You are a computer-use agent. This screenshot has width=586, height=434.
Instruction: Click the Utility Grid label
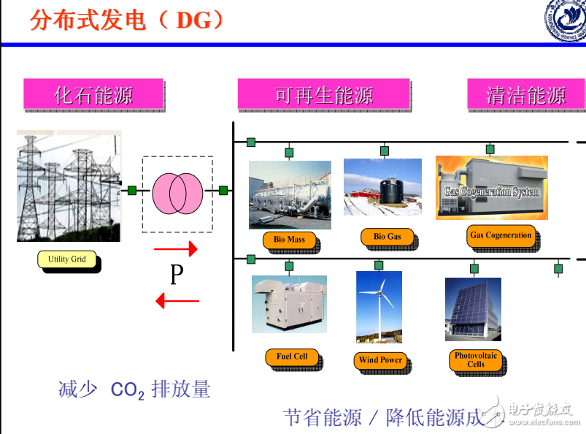coord(67,259)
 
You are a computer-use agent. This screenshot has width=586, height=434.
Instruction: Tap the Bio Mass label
coord(289,239)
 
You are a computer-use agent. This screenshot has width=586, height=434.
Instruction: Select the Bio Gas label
coord(387,236)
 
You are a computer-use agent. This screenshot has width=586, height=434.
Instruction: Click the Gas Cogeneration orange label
coord(501,235)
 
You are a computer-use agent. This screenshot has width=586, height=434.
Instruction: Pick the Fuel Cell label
coord(291,357)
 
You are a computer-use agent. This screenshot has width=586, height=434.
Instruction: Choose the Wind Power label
coord(380,359)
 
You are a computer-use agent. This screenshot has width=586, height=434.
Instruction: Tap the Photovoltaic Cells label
coord(475,359)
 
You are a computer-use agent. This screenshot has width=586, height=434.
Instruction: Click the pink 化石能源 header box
coord(93,94)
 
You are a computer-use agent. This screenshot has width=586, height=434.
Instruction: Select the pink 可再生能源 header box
coord(323,94)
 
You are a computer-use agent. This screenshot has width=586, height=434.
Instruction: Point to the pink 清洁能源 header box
coord(525,94)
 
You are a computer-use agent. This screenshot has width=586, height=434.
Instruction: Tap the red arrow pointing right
coord(176,249)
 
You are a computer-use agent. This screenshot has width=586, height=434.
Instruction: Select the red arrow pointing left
coord(177,300)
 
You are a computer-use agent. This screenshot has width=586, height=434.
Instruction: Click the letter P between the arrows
coord(176,275)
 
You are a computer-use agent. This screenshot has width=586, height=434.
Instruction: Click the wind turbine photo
coord(379,306)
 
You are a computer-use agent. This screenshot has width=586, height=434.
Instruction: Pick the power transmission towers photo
coord(69,186)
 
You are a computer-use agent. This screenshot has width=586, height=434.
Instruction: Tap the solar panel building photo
coord(473,308)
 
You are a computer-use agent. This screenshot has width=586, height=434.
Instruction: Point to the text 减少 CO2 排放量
coord(134,389)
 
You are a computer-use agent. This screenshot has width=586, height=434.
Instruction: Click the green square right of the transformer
coord(223,191)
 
